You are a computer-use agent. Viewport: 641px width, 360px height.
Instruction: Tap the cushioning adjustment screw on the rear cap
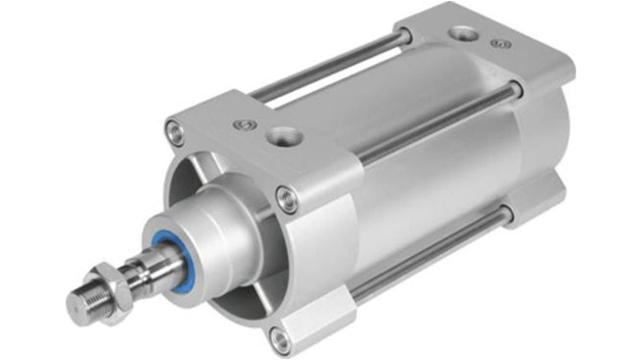point(501,44)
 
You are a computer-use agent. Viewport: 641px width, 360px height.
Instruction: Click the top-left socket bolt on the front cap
point(174,132)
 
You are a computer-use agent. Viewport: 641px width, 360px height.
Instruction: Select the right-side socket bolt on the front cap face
point(287,200)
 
